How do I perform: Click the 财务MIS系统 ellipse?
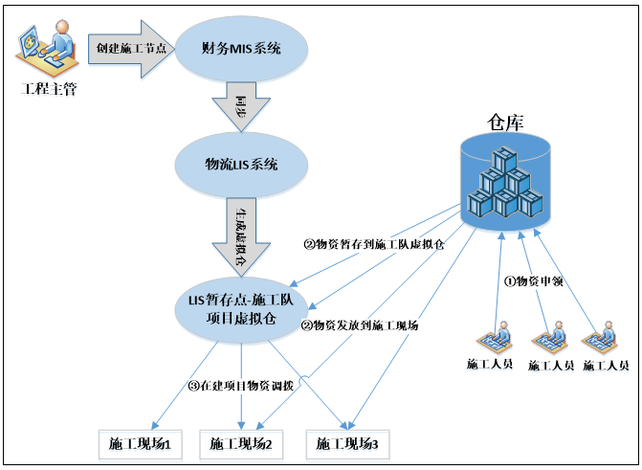241,47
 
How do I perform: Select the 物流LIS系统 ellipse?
241,164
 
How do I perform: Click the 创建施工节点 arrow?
130,47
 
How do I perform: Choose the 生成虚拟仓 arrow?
241,235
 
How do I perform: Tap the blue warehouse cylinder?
506,182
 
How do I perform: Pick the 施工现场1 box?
140,444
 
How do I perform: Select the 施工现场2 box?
241,444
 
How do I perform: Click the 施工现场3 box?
347,444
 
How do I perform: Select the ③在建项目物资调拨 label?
240,386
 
